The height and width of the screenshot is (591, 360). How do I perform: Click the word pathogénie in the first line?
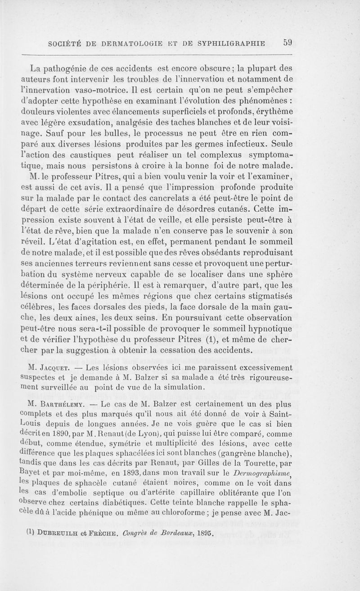click(72, 69)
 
